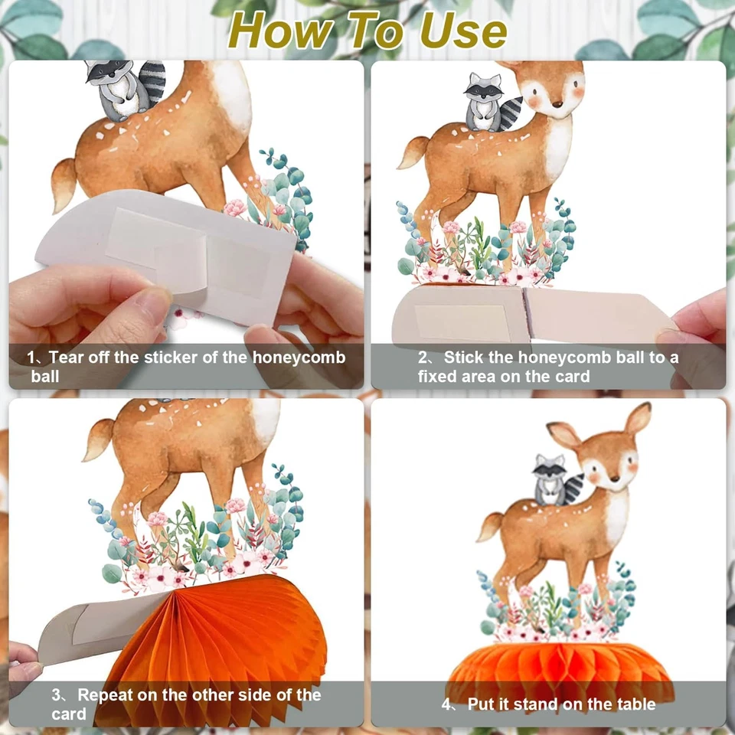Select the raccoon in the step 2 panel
point(492,102)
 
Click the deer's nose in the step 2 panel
point(557,103)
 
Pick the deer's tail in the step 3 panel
point(99,439)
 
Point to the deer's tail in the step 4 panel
point(490,527)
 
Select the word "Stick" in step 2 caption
point(464,358)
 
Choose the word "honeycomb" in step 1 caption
point(299,358)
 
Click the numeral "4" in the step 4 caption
point(446,704)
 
